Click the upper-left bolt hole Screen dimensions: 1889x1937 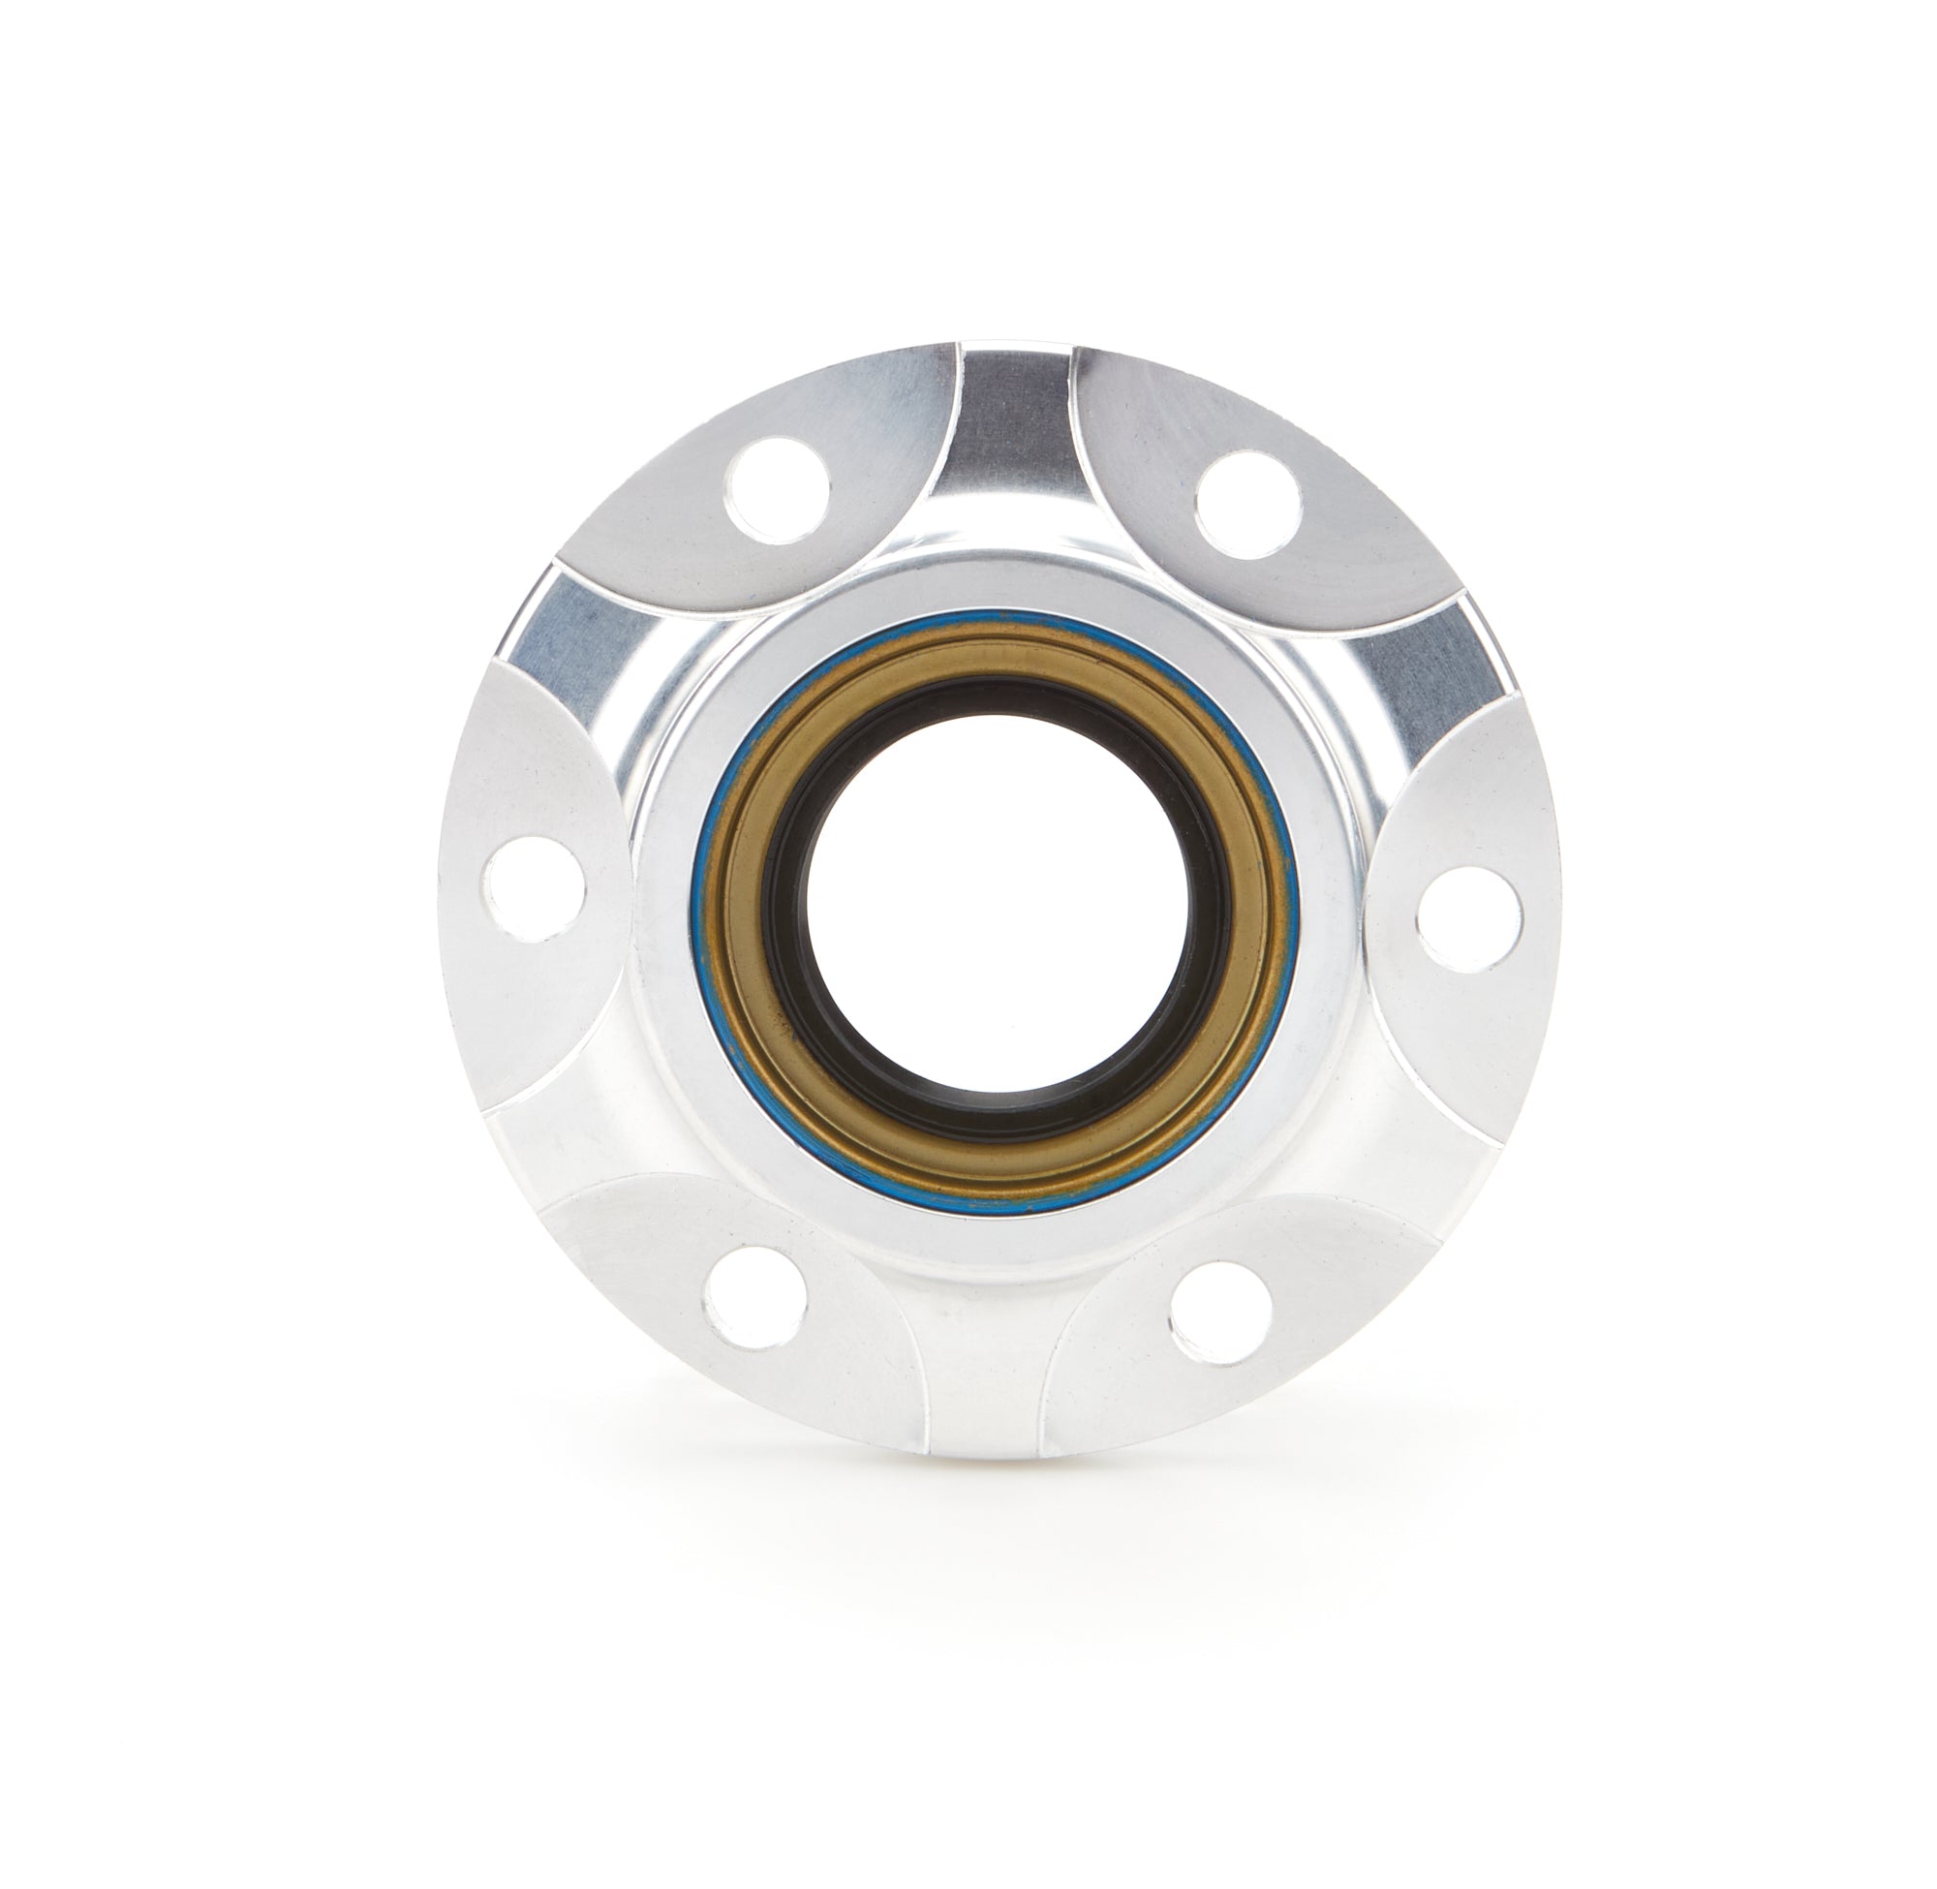click(777, 490)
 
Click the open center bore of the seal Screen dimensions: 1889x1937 click(999, 906)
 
